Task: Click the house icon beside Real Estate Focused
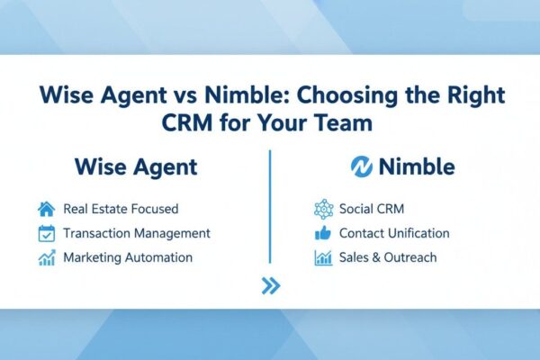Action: click(47, 209)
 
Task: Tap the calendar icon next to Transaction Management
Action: click(47, 233)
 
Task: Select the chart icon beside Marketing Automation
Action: click(47, 257)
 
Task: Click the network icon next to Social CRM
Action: click(323, 209)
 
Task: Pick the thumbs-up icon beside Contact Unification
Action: click(323, 233)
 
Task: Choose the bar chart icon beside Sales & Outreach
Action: click(323, 257)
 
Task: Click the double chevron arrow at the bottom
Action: click(270, 286)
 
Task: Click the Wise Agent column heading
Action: click(137, 167)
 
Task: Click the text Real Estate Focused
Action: click(121, 209)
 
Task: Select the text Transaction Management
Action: click(137, 233)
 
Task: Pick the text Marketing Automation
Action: click(128, 257)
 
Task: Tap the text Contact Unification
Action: click(394, 233)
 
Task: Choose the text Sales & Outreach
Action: click(388, 257)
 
